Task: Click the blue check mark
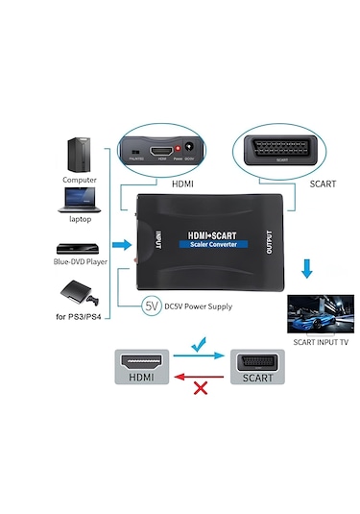[199, 342]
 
